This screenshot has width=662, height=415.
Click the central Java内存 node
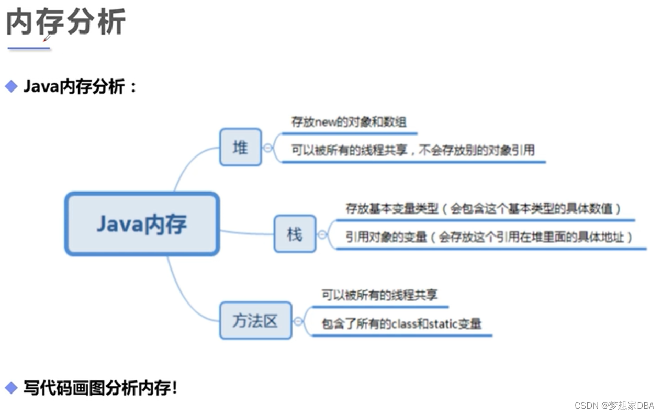[x=141, y=224]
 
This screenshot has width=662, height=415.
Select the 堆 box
[x=240, y=147]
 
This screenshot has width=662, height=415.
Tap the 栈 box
[x=295, y=234]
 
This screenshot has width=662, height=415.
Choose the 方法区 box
[x=255, y=320]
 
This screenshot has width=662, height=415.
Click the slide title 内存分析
[x=66, y=23]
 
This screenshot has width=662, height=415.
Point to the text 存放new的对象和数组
[x=348, y=122]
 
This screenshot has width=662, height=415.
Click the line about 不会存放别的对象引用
[x=413, y=150]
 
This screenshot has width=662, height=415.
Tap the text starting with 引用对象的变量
[x=489, y=237]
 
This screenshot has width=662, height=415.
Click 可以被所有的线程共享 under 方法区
[x=379, y=295]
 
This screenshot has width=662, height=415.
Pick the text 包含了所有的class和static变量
[x=401, y=324]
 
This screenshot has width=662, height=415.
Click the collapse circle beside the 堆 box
[x=268, y=148]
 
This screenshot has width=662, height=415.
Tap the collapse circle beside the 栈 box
[x=322, y=235]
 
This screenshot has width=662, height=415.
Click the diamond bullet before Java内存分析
[x=11, y=86]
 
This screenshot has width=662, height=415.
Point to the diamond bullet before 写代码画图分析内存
[x=11, y=388]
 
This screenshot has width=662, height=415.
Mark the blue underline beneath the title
[x=29, y=48]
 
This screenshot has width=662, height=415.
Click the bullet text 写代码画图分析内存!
[x=100, y=388]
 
